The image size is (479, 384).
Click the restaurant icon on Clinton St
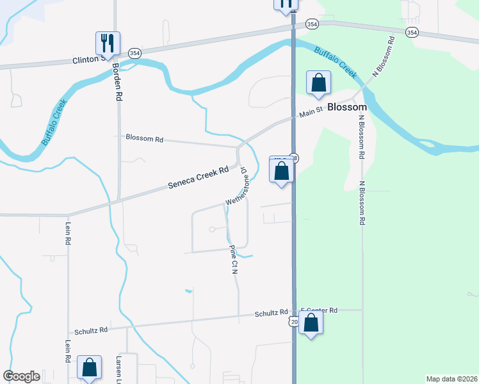[106, 44]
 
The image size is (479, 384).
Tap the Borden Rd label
[117, 82]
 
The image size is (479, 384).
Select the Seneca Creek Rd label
[199, 178]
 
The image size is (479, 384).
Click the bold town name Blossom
[346, 108]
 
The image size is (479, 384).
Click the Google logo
[22, 376]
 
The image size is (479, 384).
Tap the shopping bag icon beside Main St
[318, 83]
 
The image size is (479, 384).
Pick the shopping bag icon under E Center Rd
[311, 324]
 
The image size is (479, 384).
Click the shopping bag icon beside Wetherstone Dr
[281, 171]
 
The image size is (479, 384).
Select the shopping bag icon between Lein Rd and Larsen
[90, 367]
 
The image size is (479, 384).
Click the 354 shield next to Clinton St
[134, 52]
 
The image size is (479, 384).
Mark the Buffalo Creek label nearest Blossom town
[336, 61]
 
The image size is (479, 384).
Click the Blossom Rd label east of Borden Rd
[145, 138]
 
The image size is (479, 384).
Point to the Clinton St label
[86, 60]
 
